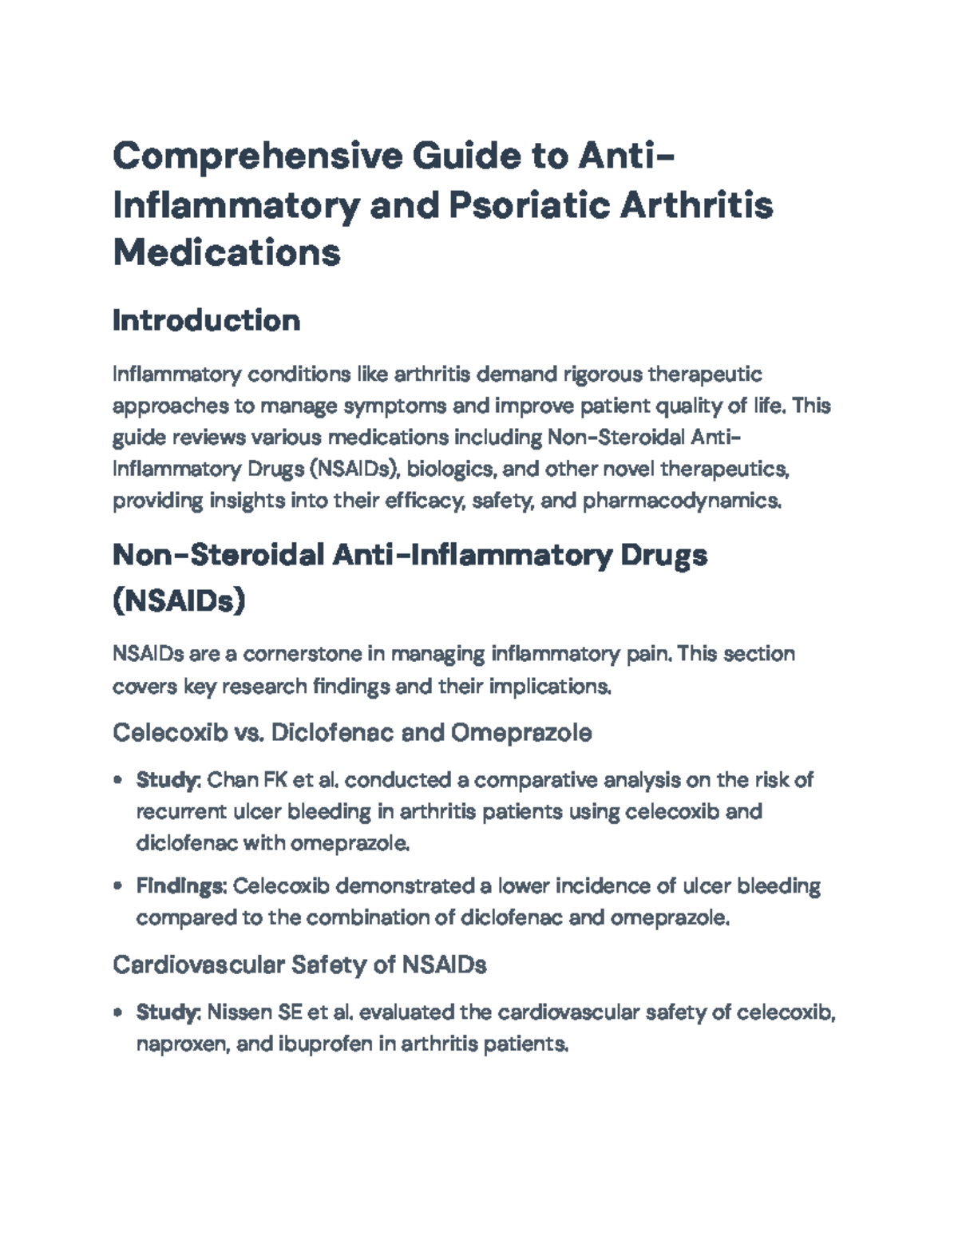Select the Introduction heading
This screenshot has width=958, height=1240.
(206, 321)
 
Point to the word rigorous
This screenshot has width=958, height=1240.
(603, 374)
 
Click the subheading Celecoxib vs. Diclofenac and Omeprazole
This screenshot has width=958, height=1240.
(352, 733)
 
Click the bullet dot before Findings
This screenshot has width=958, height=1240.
(118, 886)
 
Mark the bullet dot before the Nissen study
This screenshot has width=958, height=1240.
(118, 1013)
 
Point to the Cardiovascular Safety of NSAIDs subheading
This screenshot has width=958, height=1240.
(299, 965)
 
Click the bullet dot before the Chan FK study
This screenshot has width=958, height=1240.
(118, 780)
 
